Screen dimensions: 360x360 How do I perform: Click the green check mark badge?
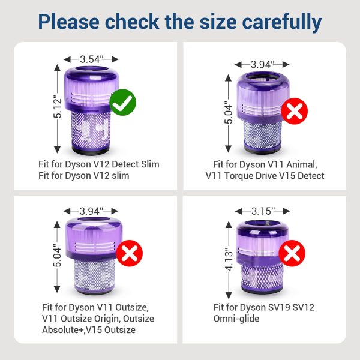click(x=123, y=103)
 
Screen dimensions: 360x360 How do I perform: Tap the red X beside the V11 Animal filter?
click(x=295, y=111)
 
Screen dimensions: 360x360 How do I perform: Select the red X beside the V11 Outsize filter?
click(x=130, y=253)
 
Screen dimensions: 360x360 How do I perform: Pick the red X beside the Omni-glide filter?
click(x=292, y=253)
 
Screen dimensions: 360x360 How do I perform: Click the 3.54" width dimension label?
click(x=91, y=59)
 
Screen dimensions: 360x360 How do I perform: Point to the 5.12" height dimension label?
click(x=58, y=107)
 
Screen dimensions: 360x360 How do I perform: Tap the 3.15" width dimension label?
click(x=263, y=211)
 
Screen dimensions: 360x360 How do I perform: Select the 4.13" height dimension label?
click(x=229, y=259)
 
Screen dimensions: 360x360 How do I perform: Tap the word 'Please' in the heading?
click(x=69, y=22)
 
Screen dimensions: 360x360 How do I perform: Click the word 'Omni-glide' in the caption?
click(x=236, y=319)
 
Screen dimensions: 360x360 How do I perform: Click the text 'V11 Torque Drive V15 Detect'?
click(x=265, y=176)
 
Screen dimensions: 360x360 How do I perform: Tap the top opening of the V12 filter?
click(x=91, y=69)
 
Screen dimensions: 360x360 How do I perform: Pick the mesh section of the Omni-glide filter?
click(x=263, y=277)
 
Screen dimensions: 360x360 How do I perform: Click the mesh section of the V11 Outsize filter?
click(x=94, y=275)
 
